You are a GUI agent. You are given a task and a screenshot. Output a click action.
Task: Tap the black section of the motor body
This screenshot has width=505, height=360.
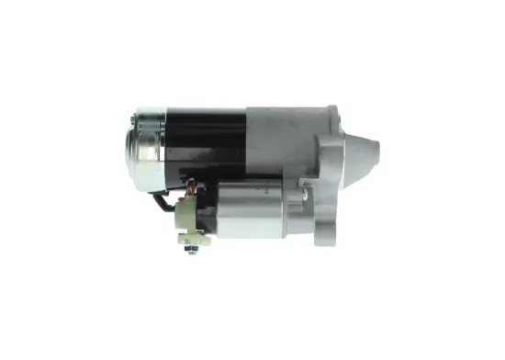tap(207, 138)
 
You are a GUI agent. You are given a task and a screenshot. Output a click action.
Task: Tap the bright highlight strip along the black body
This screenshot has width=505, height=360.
tap(207, 114)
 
